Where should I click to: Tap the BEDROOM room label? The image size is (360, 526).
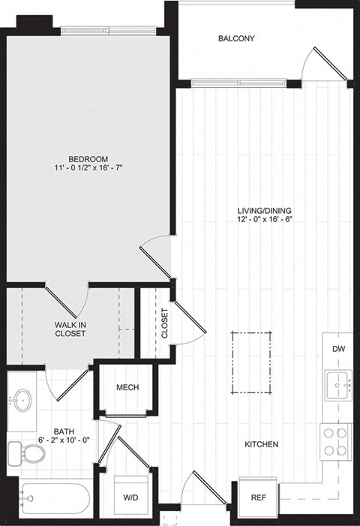tap(88, 159)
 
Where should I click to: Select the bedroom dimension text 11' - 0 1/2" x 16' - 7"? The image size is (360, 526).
tap(88, 169)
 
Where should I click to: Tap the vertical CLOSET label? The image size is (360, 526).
tap(165, 323)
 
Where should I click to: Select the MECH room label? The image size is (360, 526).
tap(125, 387)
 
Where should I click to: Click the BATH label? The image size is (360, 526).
tap(63, 431)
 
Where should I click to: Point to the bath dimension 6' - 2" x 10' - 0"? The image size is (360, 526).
tap(63, 441)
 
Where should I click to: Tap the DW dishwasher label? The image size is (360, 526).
tap(337, 349)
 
